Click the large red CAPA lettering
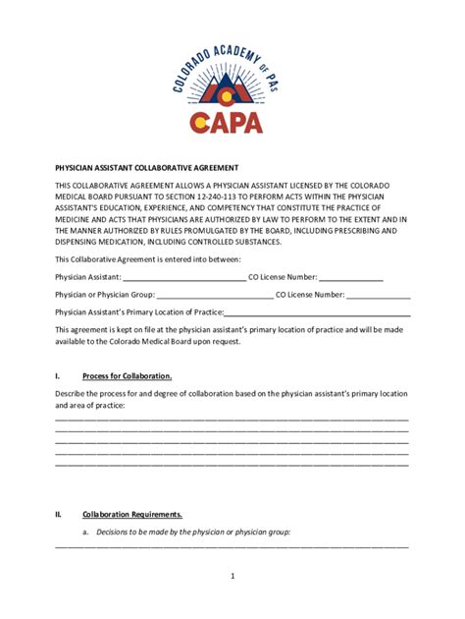tap(233, 122)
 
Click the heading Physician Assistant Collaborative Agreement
tap(147, 168)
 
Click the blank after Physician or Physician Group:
tap(214, 295)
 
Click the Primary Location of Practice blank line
tap(317, 311)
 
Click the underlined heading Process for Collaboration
tap(128, 376)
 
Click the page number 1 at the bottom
tap(232, 577)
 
